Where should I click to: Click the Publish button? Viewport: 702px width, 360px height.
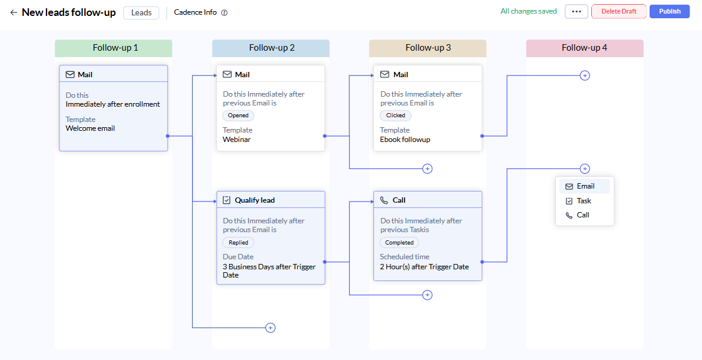[x=670, y=12]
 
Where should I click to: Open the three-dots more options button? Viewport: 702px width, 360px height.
[x=576, y=12]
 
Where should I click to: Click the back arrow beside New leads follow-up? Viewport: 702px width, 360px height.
[x=14, y=12]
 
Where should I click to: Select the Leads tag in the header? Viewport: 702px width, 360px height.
[x=141, y=12]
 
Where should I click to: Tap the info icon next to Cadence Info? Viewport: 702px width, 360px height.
[x=224, y=12]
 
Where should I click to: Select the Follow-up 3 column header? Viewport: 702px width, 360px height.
[x=428, y=48]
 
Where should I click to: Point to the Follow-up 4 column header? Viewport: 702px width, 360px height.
[x=585, y=48]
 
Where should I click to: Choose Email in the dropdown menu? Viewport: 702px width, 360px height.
[x=585, y=186]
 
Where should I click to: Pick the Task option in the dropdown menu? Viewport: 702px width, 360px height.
[x=584, y=200]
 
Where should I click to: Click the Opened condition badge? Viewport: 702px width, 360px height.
[x=238, y=115]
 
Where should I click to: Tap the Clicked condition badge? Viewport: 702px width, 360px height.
[x=396, y=115]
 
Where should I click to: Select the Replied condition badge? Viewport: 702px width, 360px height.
[x=238, y=243]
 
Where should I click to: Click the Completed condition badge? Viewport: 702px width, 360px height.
[x=399, y=243]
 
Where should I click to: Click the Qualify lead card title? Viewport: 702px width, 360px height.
[x=255, y=200]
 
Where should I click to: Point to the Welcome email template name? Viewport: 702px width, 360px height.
[x=91, y=128]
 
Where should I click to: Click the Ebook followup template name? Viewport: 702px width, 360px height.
[x=405, y=139]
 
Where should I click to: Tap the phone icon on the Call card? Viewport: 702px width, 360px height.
[x=383, y=200]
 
